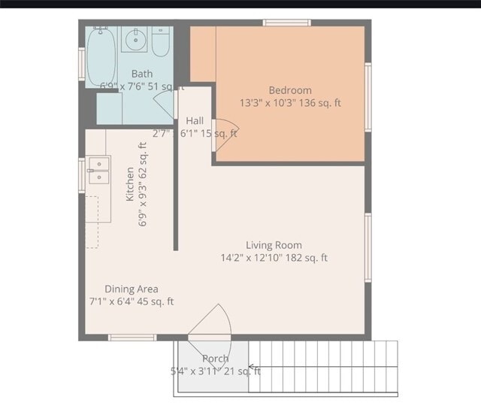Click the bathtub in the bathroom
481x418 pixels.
101,56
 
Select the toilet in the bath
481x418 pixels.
162,42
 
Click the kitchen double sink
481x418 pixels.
98,170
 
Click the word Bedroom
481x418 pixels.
290,90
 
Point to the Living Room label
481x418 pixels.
274,244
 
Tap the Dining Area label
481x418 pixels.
131,289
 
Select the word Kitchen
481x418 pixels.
130,184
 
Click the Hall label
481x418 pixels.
195,120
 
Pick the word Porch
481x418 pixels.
216,359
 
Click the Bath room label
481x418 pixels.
142,74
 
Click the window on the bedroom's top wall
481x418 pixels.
286,23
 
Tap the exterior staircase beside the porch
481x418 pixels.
323,368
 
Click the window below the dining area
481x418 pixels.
132,338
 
